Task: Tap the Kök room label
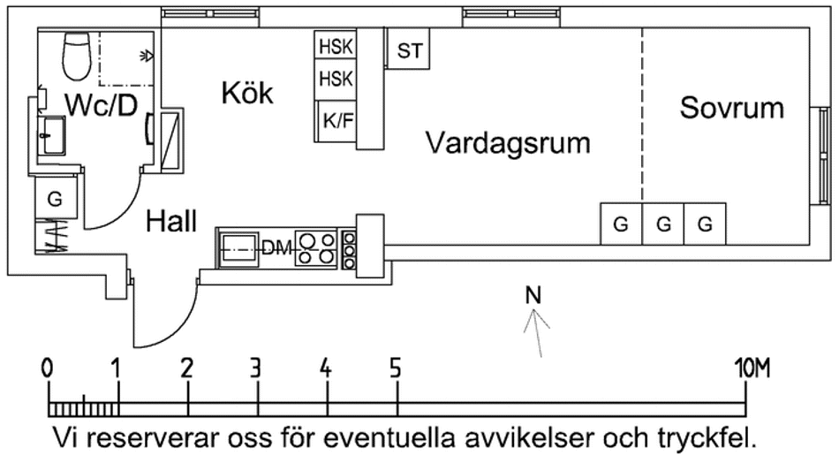247,93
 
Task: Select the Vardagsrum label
507,142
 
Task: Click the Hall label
171,221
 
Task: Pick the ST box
410,51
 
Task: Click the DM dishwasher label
276,249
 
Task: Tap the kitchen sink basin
238,249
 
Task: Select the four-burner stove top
316,248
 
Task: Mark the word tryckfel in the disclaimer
707,438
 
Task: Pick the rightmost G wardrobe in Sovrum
705,224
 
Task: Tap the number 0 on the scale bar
49,368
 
